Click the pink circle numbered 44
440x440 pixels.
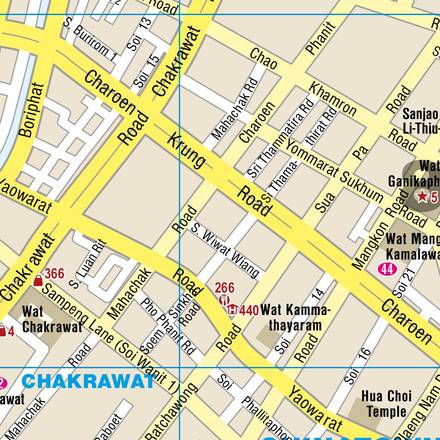pyautogui.click(x=387, y=269)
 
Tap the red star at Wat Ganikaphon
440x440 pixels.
pyautogui.click(x=422, y=197)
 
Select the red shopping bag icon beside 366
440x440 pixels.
pyautogui.click(x=38, y=281)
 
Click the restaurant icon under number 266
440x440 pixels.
pyautogui.click(x=224, y=299)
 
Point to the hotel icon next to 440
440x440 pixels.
pyautogui.click(x=232, y=309)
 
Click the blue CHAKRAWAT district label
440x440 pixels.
pyautogui.click(x=88, y=381)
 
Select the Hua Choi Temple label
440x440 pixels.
pyautogui.click(x=386, y=403)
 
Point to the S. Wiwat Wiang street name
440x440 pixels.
pyautogui.click(x=225, y=250)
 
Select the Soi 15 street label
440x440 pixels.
pyautogui.click(x=147, y=72)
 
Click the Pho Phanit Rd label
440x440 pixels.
pyautogui.click(x=168, y=324)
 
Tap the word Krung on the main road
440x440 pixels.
pyautogui.click(x=186, y=151)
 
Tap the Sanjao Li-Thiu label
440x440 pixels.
pyautogui.click(x=420, y=121)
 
